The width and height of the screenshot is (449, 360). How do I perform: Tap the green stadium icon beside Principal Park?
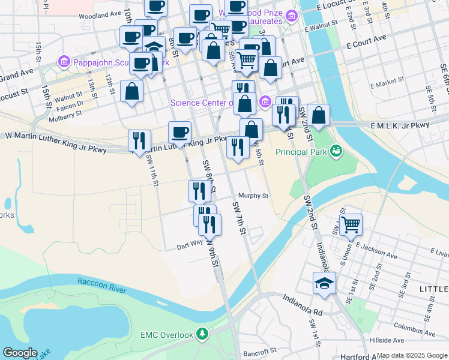point(336,150)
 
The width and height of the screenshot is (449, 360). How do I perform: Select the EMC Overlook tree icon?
point(202,334)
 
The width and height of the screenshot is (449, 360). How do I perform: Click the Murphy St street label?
point(253,196)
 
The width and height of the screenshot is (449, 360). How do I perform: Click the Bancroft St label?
point(260,349)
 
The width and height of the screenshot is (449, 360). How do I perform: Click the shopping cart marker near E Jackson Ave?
point(351,226)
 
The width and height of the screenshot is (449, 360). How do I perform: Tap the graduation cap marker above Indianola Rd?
point(324,283)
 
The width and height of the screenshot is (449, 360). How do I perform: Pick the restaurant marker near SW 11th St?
point(139,142)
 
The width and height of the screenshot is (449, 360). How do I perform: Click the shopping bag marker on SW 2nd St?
point(319,116)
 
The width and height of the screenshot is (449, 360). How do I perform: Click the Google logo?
point(20,353)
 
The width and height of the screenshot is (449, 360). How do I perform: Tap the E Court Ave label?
point(366,39)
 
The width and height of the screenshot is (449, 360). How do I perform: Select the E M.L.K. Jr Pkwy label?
point(400,125)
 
